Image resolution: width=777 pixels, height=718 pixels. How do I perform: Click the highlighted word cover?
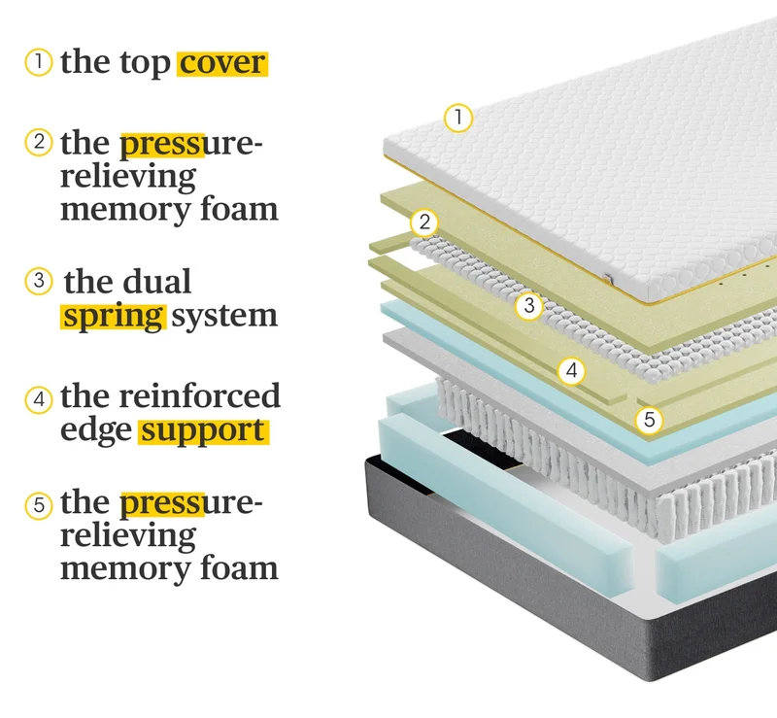click(x=222, y=63)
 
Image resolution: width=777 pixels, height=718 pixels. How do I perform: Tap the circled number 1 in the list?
click(x=39, y=62)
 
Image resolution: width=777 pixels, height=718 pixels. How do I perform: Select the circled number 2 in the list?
click(x=39, y=142)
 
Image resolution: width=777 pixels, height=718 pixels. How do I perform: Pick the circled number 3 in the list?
click(x=39, y=281)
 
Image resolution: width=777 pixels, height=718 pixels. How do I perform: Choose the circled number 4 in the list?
click(x=39, y=399)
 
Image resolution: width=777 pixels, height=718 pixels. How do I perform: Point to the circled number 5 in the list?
click(x=39, y=505)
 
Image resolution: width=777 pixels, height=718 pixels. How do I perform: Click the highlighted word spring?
click(x=114, y=317)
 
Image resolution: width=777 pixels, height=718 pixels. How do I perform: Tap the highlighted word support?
click(x=203, y=431)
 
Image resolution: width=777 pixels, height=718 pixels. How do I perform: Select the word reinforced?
click(x=200, y=396)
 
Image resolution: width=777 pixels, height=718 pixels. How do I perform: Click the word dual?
click(x=157, y=281)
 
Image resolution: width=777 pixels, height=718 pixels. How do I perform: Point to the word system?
click(x=224, y=317)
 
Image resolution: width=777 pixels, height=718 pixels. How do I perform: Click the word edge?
click(x=96, y=430)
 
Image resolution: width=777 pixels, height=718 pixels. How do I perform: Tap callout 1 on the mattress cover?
click(x=458, y=118)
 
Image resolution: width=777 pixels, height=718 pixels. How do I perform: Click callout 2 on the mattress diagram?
click(x=424, y=222)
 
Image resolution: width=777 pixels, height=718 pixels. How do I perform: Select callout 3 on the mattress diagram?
click(x=529, y=305)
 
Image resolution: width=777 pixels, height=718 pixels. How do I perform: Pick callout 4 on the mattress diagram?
click(x=571, y=370)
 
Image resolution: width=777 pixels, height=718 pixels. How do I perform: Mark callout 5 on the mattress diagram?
click(x=649, y=420)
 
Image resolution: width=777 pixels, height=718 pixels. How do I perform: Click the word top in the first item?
click(x=145, y=63)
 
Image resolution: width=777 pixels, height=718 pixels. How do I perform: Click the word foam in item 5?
click(x=239, y=568)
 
